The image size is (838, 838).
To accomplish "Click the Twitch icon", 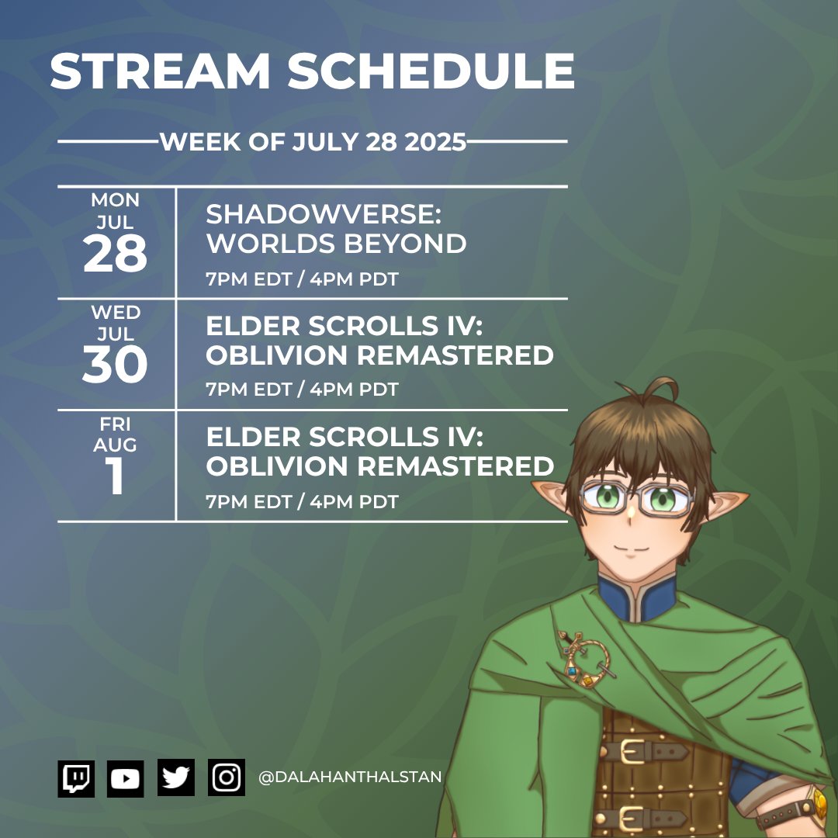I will point(76,777).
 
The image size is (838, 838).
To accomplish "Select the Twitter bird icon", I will point(176,777).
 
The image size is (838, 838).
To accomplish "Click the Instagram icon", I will point(227,777).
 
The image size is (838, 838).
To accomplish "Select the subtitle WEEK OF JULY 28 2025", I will point(313,143).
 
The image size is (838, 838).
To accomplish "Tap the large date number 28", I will point(115,255).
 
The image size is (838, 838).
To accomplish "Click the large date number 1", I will point(115,478).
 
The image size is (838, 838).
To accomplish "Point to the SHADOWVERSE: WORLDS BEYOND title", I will point(335,230).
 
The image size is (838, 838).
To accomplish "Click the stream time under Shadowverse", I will point(302,279).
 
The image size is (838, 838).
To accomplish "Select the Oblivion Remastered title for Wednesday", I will point(379,341).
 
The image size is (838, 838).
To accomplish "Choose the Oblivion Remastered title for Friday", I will point(379,452).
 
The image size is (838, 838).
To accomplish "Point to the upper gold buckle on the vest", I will point(635,750).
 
